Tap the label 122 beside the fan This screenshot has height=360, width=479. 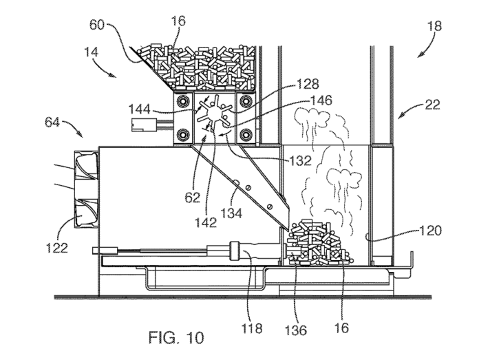[58, 247]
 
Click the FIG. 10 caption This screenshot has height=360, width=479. [176, 337]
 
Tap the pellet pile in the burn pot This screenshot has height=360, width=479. [318, 244]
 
